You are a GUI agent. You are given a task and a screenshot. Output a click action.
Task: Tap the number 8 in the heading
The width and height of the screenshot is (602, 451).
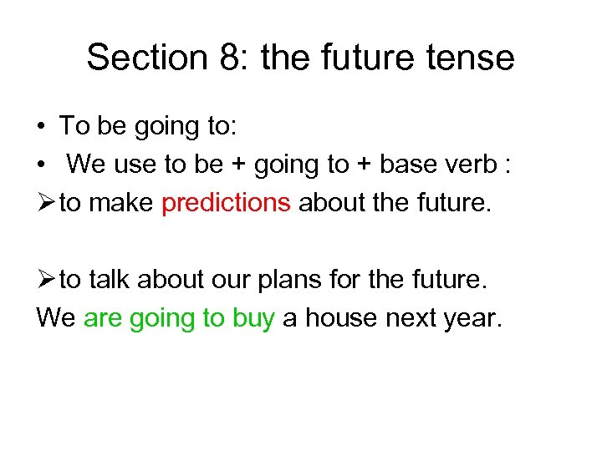[x=222, y=58]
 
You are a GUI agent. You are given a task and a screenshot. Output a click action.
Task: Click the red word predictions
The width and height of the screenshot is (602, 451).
[x=226, y=202]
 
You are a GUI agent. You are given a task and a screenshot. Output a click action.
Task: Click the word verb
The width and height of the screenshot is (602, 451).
[x=474, y=165]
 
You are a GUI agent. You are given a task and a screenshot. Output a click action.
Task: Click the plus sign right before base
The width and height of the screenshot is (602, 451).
[x=364, y=165]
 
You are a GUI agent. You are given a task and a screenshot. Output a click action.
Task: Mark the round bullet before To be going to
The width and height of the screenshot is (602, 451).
[x=41, y=127]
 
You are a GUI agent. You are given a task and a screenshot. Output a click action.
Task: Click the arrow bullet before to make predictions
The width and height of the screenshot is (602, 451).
[x=46, y=202]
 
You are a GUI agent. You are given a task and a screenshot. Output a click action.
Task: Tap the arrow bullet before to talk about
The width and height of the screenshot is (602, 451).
[x=46, y=280]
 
